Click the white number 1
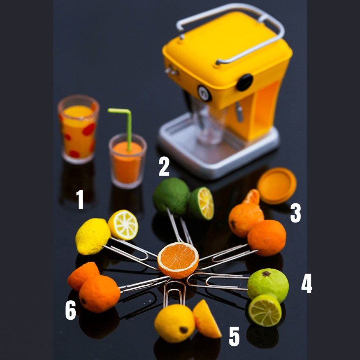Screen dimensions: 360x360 (x=80, y=199)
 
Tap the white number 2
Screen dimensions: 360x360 (x=164, y=167)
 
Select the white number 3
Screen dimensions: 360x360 (x=295, y=213)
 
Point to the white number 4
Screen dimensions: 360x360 (x=307, y=283)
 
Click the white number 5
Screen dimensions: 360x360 (x=234, y=337)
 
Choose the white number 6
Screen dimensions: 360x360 (x=70, y=310)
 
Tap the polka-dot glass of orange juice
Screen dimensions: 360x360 (x=78, y=129)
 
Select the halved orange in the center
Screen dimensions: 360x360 (x=178, y=260)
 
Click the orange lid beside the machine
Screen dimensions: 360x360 (x=276, y=186)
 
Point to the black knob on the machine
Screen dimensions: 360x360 (x=244, y=82)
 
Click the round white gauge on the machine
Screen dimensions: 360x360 (x=204, y=93)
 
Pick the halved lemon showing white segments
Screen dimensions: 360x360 (x=123, y=225)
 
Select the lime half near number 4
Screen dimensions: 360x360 (x=265, y=310)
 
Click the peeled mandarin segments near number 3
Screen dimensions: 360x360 (x=251, y=197)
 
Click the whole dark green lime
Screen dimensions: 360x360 (x=171, y=196)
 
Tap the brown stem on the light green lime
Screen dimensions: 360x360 (x=266, y=274)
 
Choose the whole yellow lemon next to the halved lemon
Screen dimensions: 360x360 (x=93, y=237)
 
